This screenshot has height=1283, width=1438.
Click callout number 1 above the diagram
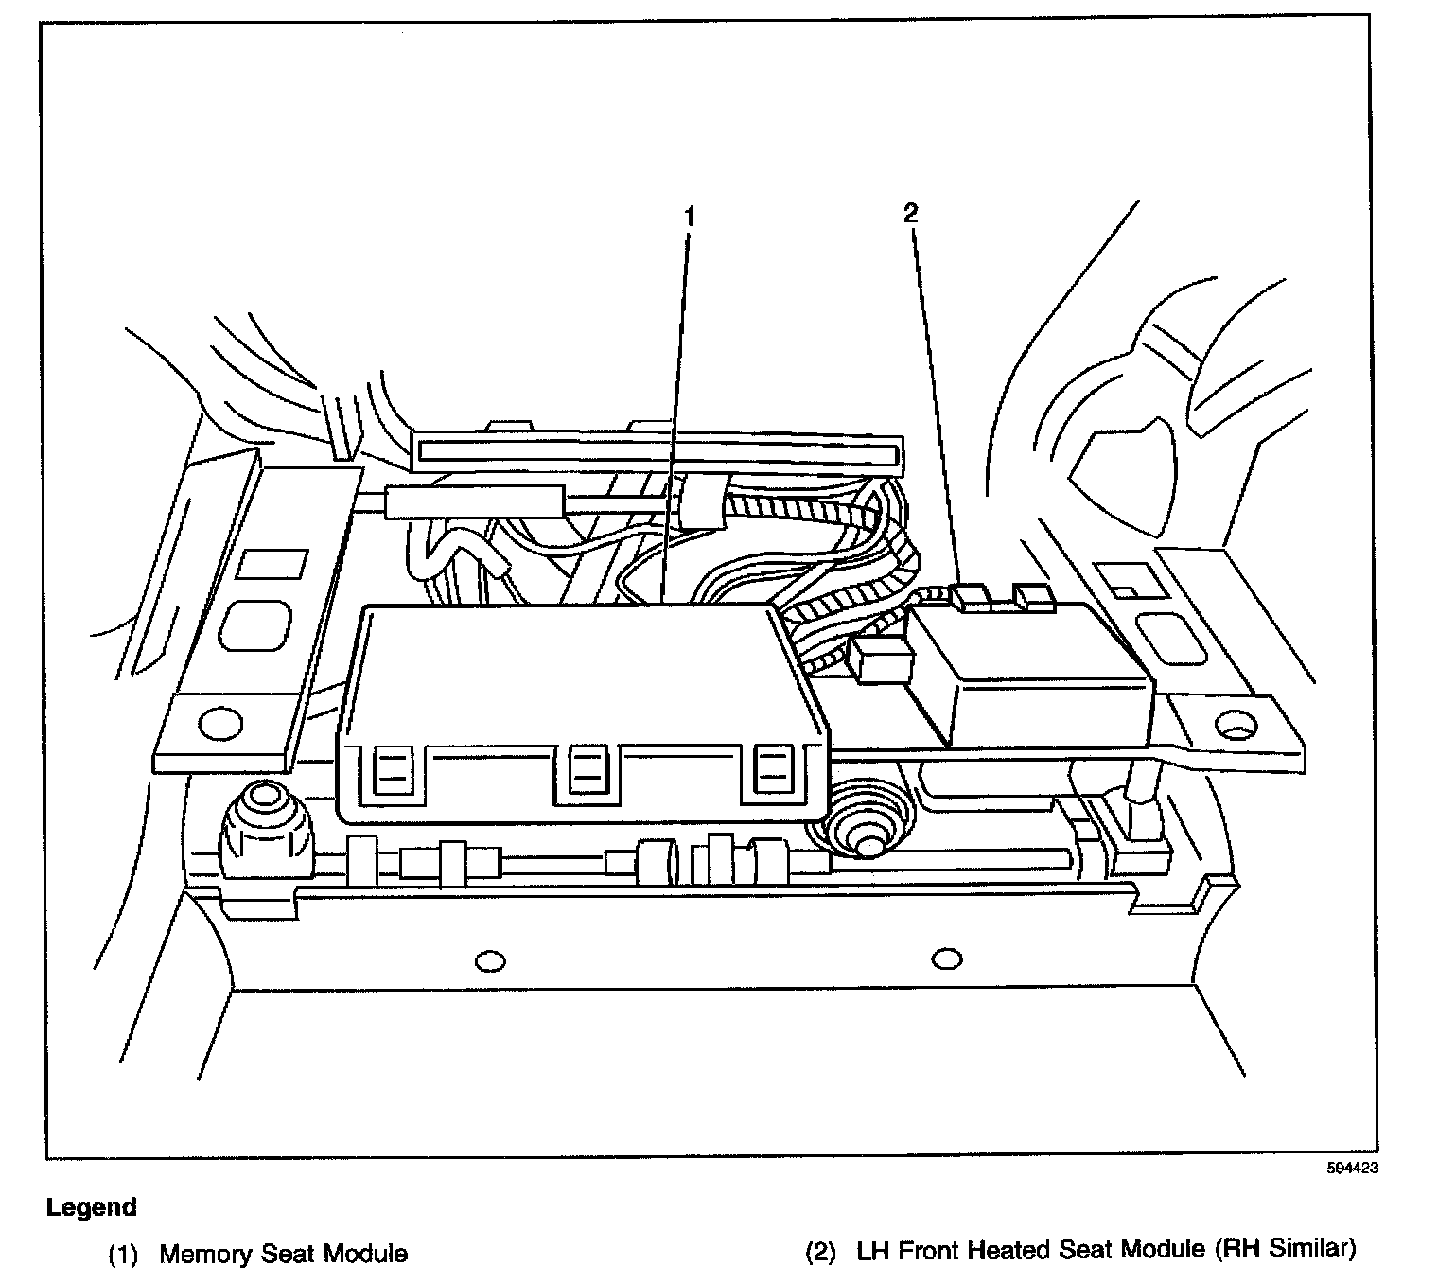point(690,217)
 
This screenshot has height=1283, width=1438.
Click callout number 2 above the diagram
point(910,214)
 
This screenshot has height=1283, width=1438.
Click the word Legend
point(92,1207)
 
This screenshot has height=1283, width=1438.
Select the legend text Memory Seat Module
point(283,1254)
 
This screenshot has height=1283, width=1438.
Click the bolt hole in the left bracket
point(219,725)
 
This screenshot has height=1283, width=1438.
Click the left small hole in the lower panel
point(490,961)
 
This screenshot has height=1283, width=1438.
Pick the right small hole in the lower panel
point(946,959)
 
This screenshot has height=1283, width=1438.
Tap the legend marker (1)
point(123,1255)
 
